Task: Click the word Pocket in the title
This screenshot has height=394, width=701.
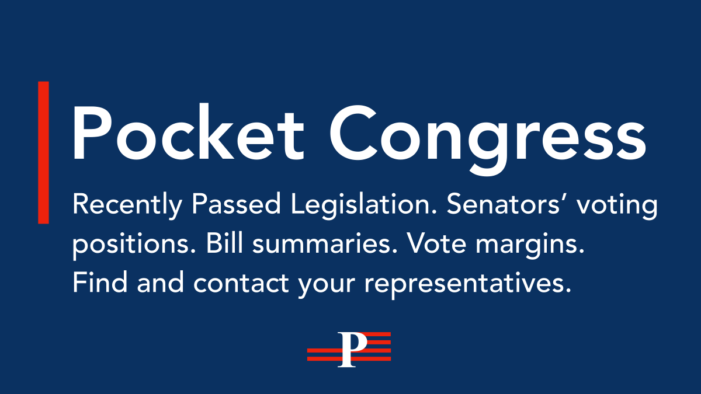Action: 187,133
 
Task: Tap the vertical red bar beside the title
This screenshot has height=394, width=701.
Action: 43,152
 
